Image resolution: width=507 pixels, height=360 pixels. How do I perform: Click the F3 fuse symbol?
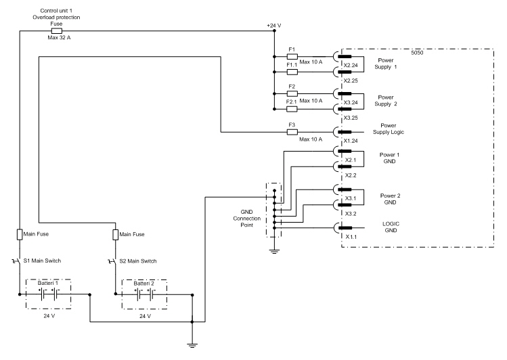click(x=292, y=132)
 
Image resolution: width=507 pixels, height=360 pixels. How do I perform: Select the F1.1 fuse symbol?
click(x=292, y=72)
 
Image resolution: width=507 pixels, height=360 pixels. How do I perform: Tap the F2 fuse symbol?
click(x=292, y=93)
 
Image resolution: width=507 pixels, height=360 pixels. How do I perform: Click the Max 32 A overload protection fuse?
click(x=57, y=31)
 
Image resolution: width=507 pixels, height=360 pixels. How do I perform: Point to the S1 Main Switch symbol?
click(x=17, y=261)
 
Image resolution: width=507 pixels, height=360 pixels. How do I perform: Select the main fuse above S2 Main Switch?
click(x=116, y=235)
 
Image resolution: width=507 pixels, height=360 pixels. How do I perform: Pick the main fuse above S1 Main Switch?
click(x=20, y=234)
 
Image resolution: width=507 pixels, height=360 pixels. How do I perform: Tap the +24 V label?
click(x=274, y=25)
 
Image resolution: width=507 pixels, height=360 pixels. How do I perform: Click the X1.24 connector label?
click(x=351, y=141)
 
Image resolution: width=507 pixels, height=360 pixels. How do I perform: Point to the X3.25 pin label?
click(x=351, y=118)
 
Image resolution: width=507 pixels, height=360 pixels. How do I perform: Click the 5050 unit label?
click(x=417, y=53)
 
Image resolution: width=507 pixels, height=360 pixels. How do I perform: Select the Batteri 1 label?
click(x=48, y=283)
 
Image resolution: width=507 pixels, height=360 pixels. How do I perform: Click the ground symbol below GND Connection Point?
click(x=274, y=252)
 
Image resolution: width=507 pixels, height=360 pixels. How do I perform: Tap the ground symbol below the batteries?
click(x=192, y=345)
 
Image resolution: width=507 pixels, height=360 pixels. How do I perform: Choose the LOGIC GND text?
click(x=391, y=227)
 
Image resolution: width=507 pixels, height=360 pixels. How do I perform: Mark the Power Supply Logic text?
click(x=389, y=129)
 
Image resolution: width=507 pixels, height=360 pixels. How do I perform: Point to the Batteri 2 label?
click(x=144, y=284)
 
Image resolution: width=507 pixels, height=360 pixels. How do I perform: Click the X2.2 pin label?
click(x=351, y=175)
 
